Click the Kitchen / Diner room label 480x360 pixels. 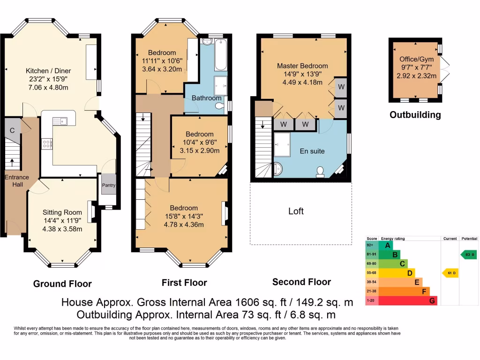click(48, 71)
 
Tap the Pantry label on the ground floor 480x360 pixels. click(109, 185)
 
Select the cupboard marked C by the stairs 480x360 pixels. click(12, 130)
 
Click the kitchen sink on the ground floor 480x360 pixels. click(61, 121)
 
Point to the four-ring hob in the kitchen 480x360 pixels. click(47, 144)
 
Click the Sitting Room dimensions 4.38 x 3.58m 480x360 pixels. click(62, 229)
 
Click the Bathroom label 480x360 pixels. click(206, 98)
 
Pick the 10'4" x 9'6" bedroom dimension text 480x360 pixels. click(199, 142)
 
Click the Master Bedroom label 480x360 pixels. click(302, 66)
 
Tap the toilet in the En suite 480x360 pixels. click(321, 172)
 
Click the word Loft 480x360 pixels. click(296, 211)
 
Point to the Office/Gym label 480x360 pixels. click(416, 60)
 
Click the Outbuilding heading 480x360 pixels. click(415, 115)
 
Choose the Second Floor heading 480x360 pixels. click(301, 282)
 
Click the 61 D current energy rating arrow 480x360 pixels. click(450, 273)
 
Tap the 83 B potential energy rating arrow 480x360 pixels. click(468, 255)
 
